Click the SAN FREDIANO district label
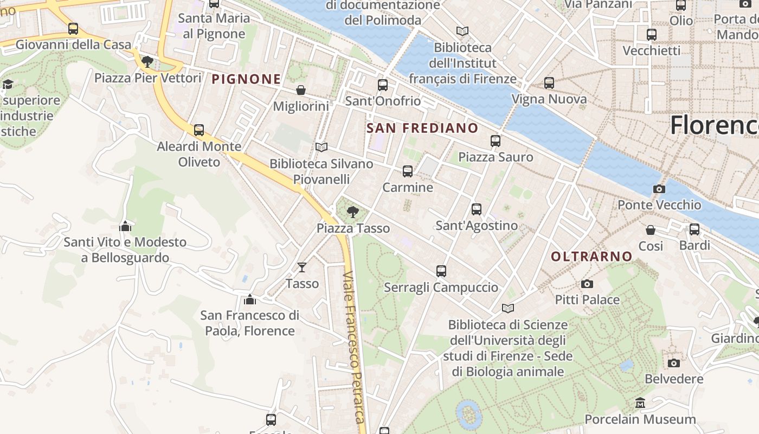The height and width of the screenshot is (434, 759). (422, 129)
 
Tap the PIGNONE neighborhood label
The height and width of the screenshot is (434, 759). (246, 79)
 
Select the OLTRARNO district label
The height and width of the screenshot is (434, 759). (591, 257)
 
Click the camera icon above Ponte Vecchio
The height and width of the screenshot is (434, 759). (659, 189)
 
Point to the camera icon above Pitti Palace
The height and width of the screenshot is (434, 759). (587, 284)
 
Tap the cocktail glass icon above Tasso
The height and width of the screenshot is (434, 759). (302, 267)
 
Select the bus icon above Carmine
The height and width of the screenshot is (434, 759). (408, 171)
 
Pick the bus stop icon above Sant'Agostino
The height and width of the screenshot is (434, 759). (477, 209)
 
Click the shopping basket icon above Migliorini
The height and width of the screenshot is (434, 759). (300, 90)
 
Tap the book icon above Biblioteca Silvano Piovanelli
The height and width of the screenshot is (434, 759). (321, 148)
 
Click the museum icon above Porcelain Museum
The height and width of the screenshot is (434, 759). (640, 403)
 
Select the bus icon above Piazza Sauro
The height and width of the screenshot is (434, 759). (495, 141)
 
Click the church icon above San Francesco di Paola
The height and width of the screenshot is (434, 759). (249, 299)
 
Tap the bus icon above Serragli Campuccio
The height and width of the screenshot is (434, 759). (441, 271)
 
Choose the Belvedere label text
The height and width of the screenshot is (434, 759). (674, 379)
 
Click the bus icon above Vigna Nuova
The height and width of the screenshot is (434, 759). (549, 83)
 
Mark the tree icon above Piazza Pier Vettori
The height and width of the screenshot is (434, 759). (147, 61)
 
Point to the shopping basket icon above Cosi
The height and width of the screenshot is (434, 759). (650, 230)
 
